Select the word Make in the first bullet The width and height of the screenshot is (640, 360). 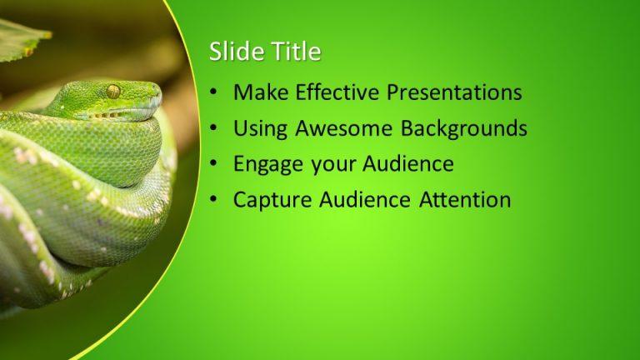click(x=258, y=92)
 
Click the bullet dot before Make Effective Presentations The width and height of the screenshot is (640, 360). click(x=215, y=93)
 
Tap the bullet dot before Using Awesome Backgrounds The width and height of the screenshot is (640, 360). click(x=215, y=129)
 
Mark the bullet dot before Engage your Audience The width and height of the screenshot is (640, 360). click(x=215, y=165)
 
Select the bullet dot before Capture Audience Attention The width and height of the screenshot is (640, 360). click(x=215, y=201)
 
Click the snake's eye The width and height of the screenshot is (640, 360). click(x=113, y=91)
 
